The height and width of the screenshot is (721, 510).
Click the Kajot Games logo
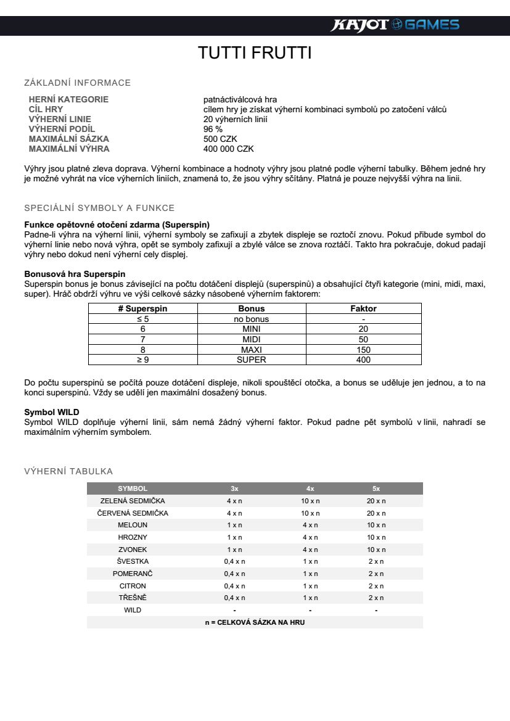(395, 25)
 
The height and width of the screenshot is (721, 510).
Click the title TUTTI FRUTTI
(255, 53)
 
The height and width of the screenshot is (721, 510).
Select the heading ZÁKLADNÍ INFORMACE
(77, 83)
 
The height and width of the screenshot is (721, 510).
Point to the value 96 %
(213, 129)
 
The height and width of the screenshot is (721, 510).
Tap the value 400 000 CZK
(228, 149)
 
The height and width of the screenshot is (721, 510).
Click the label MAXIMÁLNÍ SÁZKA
(68, 139)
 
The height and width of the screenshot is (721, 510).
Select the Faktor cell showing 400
(363, 360)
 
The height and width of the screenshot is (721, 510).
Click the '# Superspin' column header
(142, 308)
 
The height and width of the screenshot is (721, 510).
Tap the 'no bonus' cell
(252, 319)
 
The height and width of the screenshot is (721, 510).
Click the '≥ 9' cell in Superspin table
(142, 360)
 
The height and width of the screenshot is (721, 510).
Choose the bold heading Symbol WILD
(51, 411)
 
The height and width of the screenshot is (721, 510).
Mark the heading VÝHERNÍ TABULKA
(68, 471)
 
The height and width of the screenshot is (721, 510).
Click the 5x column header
(376, 488)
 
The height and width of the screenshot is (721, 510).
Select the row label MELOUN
(133, 525)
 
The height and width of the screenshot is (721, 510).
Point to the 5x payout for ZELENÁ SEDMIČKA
(376, 501)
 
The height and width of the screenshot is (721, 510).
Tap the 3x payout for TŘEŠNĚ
(234, 598)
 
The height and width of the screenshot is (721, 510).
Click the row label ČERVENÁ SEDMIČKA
(133, 513)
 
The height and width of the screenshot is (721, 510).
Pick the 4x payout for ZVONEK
(310, 550)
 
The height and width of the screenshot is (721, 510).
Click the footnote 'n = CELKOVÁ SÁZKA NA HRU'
(255, 622)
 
